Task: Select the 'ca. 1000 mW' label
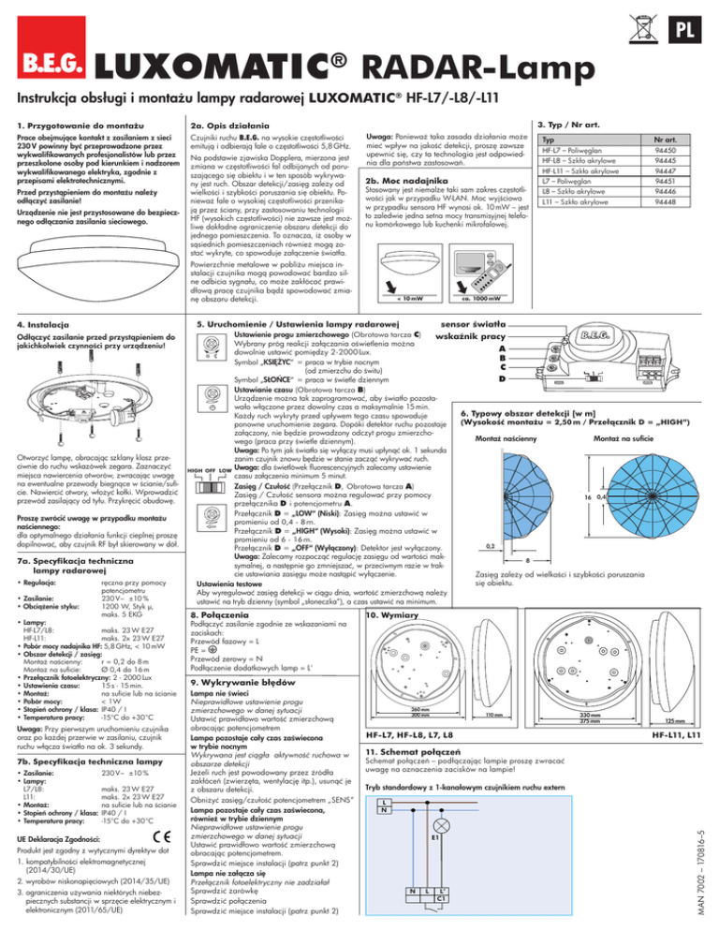(x=478, y=300)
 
